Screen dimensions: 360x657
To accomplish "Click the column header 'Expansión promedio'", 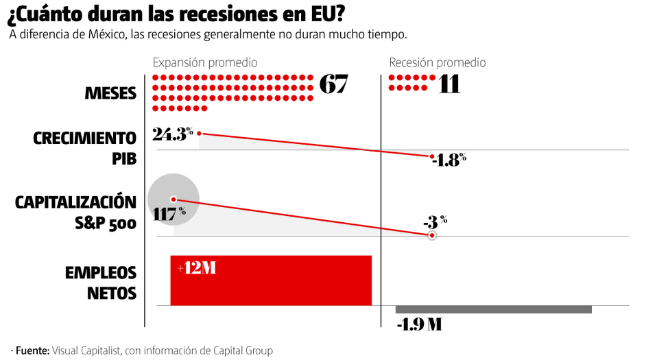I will click(205, 62).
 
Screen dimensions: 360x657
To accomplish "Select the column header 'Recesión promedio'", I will click(437, 62).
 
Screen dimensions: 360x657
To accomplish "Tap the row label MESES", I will click(110, 93).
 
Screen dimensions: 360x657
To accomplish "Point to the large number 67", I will click(333, 84).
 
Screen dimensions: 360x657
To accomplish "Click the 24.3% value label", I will click(173, 134).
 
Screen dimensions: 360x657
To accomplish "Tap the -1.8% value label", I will click(449, 160).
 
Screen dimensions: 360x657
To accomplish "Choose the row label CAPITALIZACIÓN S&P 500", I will click(76, 213).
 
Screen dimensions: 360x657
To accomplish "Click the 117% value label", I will click(169, 213).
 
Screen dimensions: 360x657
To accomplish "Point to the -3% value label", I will click(435, 221).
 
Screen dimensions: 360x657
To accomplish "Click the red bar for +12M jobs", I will click(271, 280).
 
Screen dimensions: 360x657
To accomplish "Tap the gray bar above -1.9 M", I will click(493, 310).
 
